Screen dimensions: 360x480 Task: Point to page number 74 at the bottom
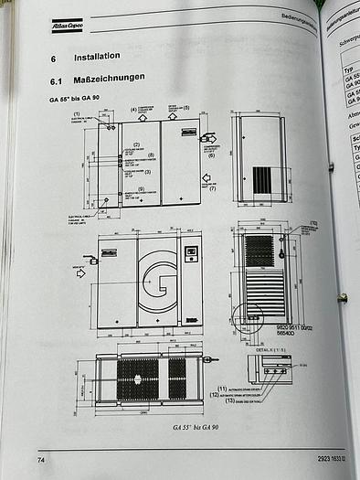(x=40, y=458)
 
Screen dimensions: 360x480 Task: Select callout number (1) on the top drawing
(x=90, y=112)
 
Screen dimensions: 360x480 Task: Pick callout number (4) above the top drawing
(x=132, y=110)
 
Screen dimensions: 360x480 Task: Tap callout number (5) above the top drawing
(x=186, y=108)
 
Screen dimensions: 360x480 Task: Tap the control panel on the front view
(x=192, y=252)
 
